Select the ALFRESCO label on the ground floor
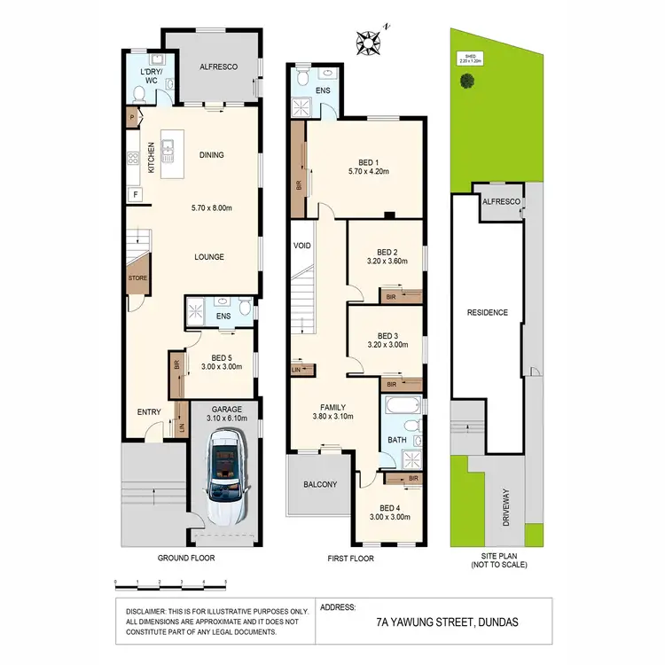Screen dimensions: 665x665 216,66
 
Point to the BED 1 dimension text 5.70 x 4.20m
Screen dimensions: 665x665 367,171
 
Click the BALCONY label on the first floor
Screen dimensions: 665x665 320,484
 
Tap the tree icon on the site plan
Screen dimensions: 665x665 466,81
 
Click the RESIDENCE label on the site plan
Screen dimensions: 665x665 488,312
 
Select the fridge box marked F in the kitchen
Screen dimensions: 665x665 135,193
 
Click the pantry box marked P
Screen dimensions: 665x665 132,117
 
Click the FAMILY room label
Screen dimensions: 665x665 332,404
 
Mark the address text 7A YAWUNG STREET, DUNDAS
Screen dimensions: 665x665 449,622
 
